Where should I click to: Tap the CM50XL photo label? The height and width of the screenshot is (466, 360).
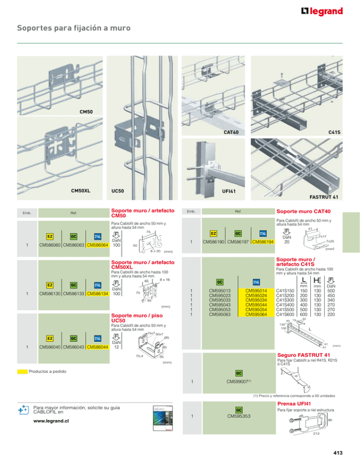(x=81, y=191)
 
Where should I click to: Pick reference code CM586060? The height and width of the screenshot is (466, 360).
(x=52, y=245)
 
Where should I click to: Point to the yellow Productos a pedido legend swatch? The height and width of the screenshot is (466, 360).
(x=21, y=371)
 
